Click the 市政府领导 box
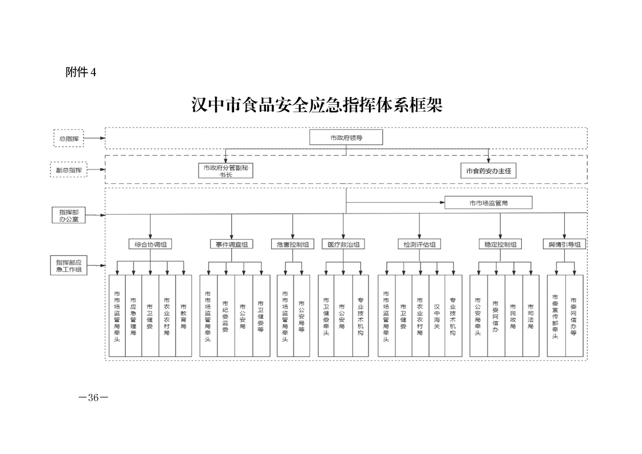(346, 137)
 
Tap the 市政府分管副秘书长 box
(226, 171)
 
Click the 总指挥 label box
(69, 138)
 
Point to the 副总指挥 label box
(69, 170)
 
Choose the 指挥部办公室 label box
(69, 215)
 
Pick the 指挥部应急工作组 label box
(69, 265)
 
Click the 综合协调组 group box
(150, 244)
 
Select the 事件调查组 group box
(231, 244)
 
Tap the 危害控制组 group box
(292, 244)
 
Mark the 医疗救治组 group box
(343, 244)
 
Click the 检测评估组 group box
(419, 244)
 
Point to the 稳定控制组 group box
(500, 244)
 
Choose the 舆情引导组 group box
(564, 244)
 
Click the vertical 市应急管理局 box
(133, 316)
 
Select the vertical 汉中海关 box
(437, 316)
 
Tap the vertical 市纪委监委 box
(225, 316)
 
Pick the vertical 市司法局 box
(530, 316)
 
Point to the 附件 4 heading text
(81, 72)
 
